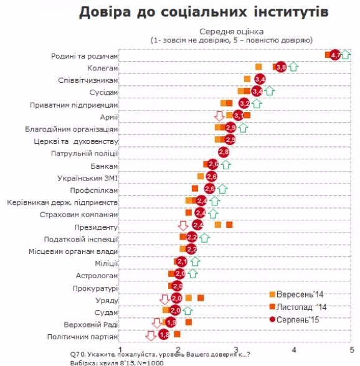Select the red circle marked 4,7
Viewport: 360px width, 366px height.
335,55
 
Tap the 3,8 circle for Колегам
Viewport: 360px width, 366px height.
280,67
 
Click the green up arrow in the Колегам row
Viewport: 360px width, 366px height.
293,67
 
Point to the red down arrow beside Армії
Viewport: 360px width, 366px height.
219,116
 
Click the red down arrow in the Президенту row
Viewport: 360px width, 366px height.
183,225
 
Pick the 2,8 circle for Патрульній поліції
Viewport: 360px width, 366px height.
224,152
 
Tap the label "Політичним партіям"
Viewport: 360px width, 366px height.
82,337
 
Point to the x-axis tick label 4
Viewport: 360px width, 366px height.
294,349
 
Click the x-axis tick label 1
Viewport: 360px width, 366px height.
120,349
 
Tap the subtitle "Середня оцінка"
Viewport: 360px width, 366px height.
232,31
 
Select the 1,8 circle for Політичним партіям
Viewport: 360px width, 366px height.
164,335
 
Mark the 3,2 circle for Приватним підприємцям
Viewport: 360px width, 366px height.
244,103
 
